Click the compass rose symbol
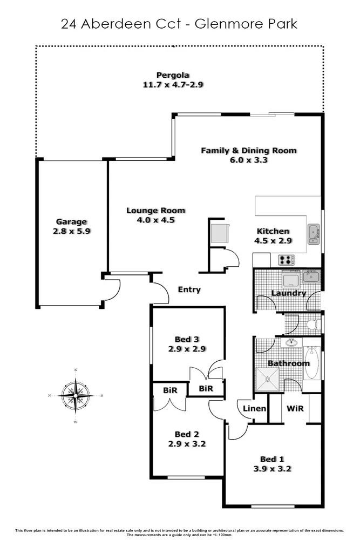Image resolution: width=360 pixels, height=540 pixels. point(76,396)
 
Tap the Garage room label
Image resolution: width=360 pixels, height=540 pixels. point(71,221)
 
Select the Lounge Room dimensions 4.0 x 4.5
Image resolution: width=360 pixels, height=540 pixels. point(155,220)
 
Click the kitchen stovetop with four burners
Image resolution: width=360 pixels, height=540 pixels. point(287,260)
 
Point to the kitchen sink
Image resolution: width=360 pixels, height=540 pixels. point(313,233)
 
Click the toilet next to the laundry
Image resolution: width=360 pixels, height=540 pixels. point(312,325)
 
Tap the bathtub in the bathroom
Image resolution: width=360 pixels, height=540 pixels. point(311,363)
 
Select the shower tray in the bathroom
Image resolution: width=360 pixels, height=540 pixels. point(268,379)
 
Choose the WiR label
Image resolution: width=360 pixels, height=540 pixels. point(295,408)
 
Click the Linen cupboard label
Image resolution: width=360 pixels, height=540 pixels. point(254,408)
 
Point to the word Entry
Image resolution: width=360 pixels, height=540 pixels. point(189,289)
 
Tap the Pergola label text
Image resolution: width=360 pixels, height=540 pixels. point(173,75)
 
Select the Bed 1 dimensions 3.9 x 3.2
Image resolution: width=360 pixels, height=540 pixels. point(272,469)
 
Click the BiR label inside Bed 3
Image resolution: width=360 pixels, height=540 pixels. point(205,388)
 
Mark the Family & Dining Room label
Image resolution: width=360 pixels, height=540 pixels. point(249,151)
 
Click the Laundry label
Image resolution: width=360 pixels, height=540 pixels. point(289,293)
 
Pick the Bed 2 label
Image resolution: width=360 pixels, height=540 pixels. point(187,434)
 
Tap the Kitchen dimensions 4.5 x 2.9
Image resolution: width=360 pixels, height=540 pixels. point(273,240)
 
